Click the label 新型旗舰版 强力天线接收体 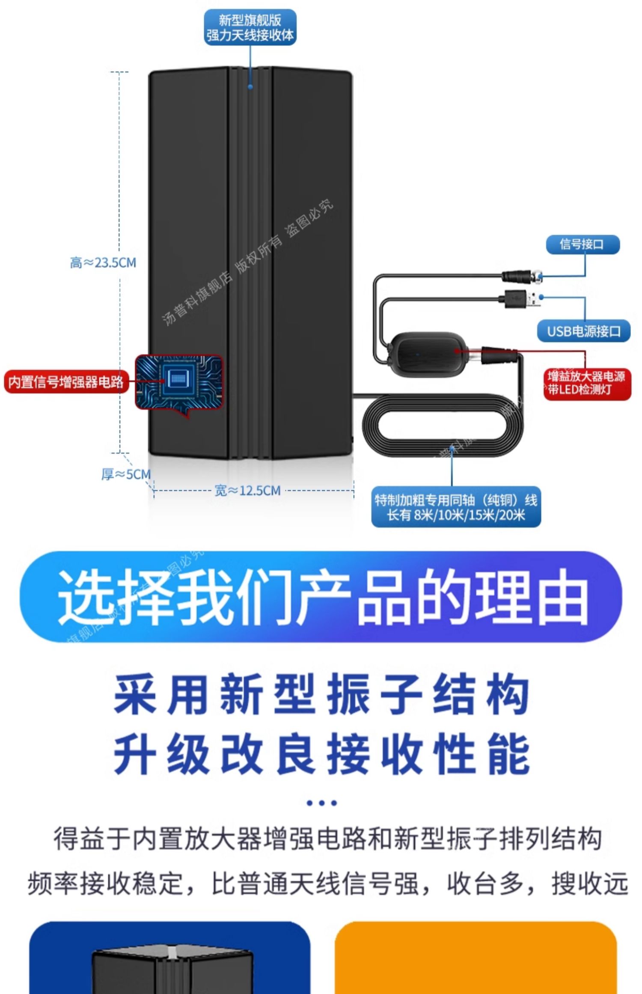[x=250, y=27]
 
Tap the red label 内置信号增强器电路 [x=66, y=381]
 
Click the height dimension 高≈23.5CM [x=103, y=262]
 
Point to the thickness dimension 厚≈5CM [x=126, y=474]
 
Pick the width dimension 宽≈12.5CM [x=247, y=491]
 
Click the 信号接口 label [x=583, y=244]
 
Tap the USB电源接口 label [x=584, y=331]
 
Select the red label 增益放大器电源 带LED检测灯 [x=587, y=383]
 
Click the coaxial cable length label [x=456, y=507]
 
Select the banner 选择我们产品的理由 [x=321, y=596]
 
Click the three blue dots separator [x=322, y=803]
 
